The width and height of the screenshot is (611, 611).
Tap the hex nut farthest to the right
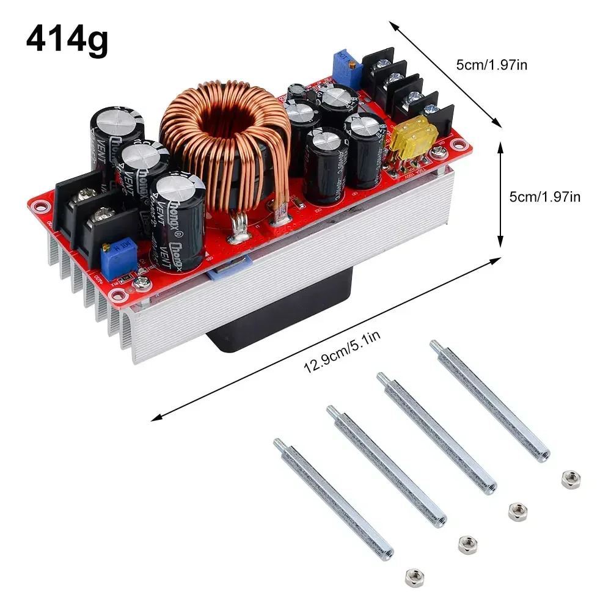[x=570, y=478]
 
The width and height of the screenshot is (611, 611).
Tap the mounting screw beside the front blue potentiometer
[x=142, y=283]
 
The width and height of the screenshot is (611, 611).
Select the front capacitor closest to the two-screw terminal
[x=178, y=220]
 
